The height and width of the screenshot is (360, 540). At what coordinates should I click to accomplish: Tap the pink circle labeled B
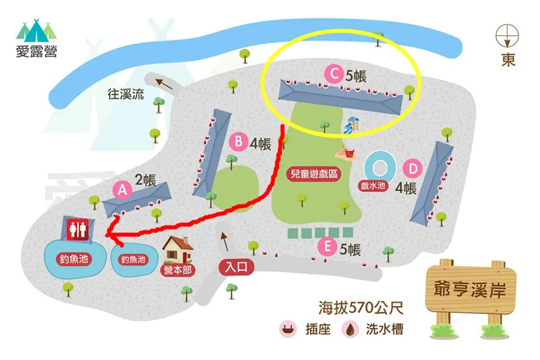point(239,142)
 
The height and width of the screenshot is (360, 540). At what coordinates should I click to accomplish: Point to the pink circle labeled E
point(328,248)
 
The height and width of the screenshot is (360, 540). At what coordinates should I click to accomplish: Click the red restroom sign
point(78,229)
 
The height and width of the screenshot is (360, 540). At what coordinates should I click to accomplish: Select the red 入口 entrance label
point(239,267)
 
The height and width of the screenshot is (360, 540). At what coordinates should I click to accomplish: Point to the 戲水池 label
point(373,186)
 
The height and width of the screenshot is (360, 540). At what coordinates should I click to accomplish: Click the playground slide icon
point(352,125)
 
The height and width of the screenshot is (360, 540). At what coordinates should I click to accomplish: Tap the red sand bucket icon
point(347,153)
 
